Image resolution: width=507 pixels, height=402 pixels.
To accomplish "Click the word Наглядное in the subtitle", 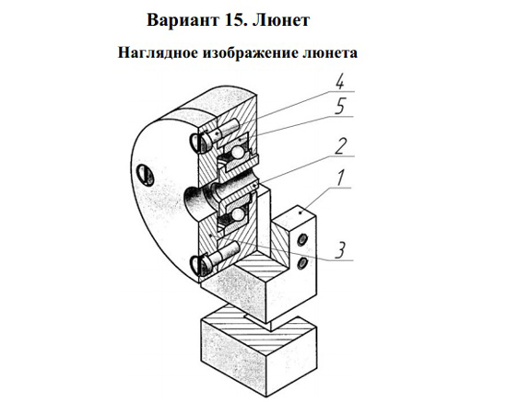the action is [x=158, y=53].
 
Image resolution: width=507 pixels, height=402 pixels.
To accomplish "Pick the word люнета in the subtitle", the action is [x=331, y=53].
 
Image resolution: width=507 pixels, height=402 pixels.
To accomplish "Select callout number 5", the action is [x=340, y=107].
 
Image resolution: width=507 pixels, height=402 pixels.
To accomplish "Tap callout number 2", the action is [x=340, y=146].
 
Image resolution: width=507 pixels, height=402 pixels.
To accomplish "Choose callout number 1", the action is [x=340, y=178].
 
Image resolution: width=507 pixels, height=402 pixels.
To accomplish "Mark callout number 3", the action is [x=340, y=251].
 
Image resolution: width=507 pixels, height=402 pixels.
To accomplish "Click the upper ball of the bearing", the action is [x=237, y=153].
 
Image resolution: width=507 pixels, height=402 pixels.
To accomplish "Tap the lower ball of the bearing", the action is [x=237, y=214].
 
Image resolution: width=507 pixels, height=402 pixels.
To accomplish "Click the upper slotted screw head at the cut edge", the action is [x=199, y=143].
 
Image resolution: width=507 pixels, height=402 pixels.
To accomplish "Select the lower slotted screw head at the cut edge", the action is [x=199, y=265].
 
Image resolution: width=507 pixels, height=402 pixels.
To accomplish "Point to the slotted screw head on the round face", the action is [x=146, y=175].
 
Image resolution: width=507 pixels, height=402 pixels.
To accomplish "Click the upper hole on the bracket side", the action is [x=301, y=240].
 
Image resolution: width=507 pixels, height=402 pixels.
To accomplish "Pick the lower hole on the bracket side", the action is [x=301, y=263].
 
